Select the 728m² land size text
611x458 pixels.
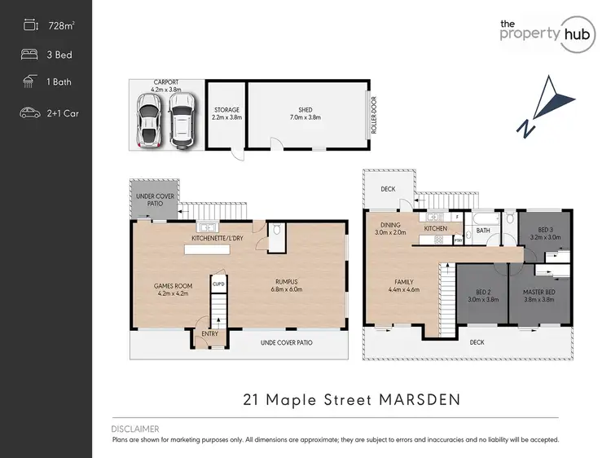[62, 27]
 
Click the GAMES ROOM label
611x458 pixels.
[172, 286]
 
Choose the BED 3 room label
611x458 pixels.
[542, 231]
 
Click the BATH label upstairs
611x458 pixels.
[483, 231]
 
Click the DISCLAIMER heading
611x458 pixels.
[135, 429]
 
